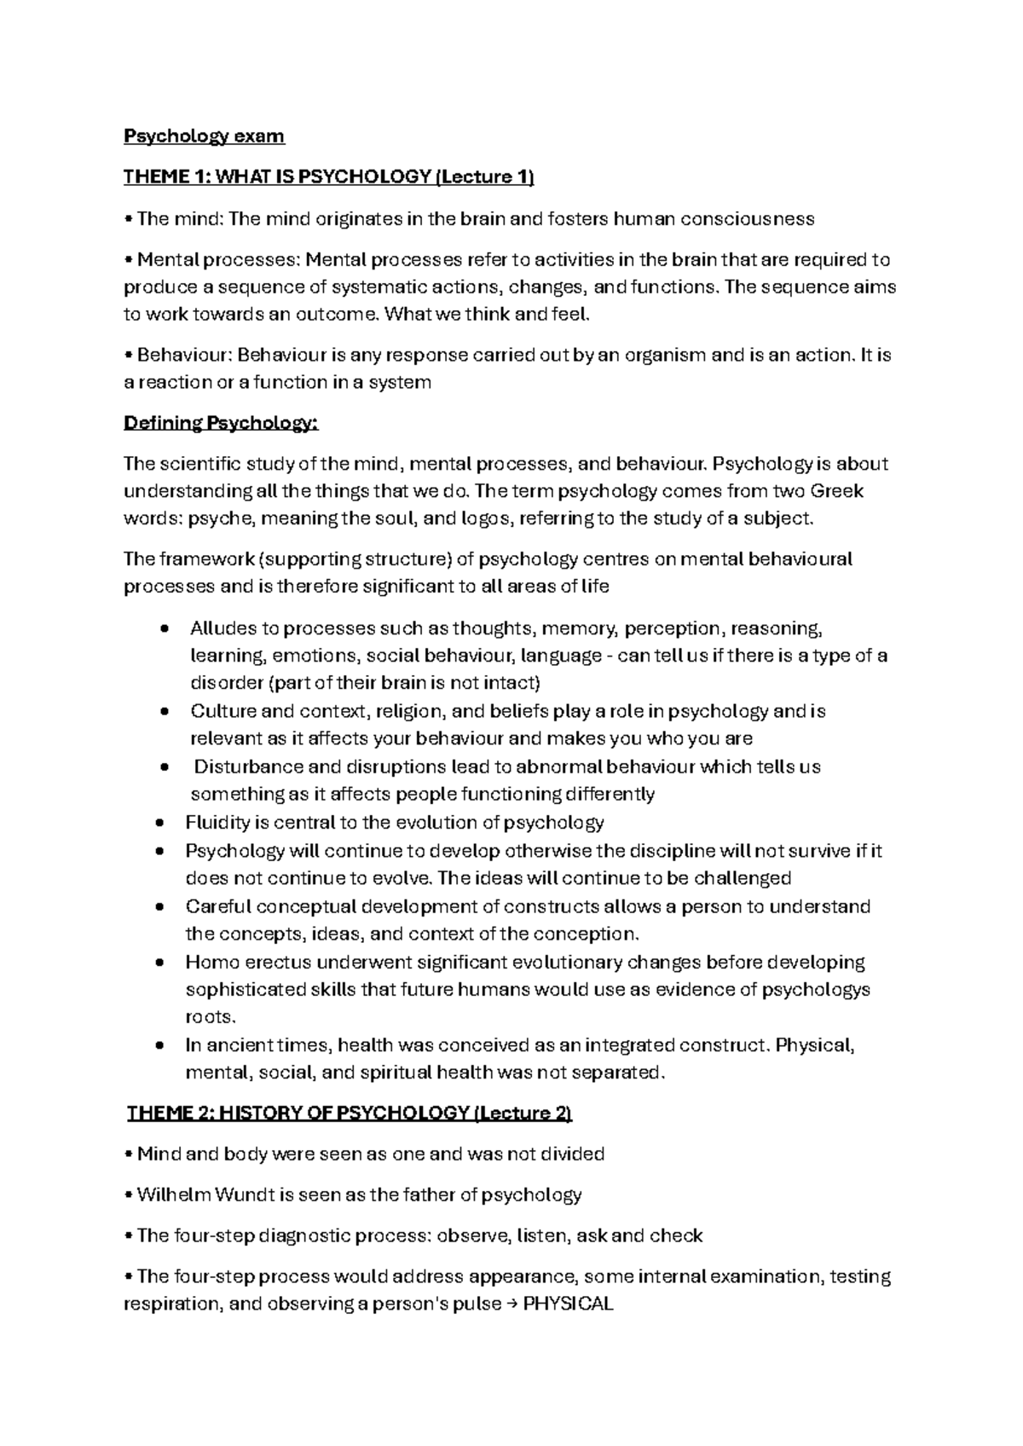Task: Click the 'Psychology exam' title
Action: (204, 136)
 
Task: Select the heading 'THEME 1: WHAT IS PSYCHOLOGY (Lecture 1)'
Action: (328, 177)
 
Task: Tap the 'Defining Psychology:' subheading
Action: (221, 423)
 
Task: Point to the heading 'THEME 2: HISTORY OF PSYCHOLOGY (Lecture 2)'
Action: (350, 1113)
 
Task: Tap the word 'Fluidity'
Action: (217, 823)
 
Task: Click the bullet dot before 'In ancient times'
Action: (160, 1045)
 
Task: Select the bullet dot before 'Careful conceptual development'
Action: (160, 906)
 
